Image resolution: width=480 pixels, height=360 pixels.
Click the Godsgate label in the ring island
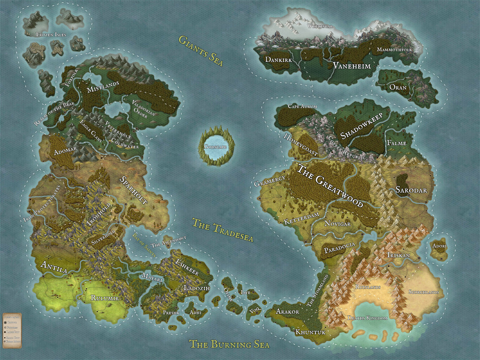coord(216,147)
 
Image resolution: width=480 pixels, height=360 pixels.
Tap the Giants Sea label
coord(200,50)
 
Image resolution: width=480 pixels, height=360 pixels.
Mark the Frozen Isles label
coord(52,35)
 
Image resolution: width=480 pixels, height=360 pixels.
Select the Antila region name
coord(54,266)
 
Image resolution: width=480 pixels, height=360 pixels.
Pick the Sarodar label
coord(411,190)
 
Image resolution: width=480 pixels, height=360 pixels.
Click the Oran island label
coord(398,87)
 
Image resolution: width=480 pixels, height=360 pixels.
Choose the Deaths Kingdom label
coord(367,318)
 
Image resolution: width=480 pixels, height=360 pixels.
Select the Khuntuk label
coord(310,332)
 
